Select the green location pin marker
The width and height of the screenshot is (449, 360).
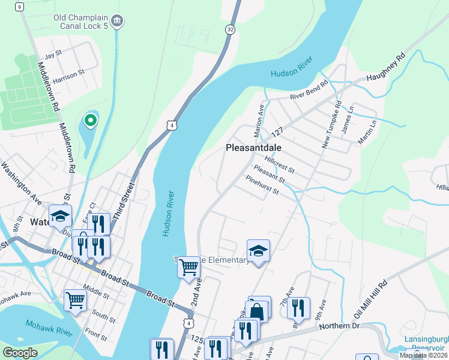tap(90, 121)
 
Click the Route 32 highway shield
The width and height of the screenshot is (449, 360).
tap(230, 29)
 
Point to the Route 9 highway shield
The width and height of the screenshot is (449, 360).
tap(20, 7)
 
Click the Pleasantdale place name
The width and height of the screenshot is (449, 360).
tap(254, 147)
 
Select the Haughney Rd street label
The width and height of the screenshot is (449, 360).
tap(386, 65)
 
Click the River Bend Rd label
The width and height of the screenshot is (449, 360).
tap(309, 92)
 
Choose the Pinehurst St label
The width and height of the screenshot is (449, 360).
tap(262, 185)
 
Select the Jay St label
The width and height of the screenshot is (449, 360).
tap(53, 54)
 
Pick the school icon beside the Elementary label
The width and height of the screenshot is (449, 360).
tap(258, 250)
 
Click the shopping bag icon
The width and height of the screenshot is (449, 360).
tap(258, 310)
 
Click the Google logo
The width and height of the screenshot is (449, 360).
tap(20, 353)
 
